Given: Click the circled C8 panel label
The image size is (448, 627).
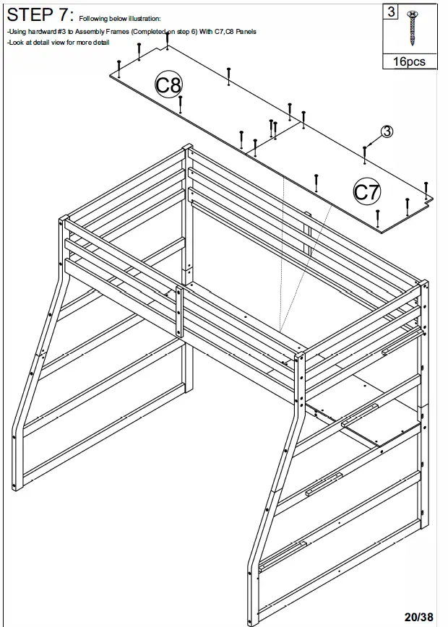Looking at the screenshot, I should pyautogui.click(x=168, y=85).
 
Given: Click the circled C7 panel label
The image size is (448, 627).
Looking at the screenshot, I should pyautogui.click(x=366, y=191).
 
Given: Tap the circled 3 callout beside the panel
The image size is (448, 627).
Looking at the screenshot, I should pyautogui.click(x=387, y=131).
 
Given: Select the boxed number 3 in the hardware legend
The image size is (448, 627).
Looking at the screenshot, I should pyautogui.click(x=391, y=12).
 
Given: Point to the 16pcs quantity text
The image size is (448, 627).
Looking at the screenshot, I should pyautogui.click(x=409, y=62).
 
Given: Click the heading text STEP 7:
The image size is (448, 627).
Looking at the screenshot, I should pyautogui.click(x=40, y=14).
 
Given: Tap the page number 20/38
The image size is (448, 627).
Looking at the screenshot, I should pyautogui.click(x=419, y=616).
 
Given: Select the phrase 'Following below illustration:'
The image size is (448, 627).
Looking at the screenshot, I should pyautogui.click(x=120, y=18).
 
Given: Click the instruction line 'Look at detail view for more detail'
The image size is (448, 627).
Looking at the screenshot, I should pyautogui.click(x=58, y=43).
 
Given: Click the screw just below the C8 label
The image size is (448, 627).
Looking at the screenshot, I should pyautogui.click(x=180, y=105).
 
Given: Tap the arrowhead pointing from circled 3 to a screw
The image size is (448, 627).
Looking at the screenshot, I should pyautogui.click(x=369, y=144).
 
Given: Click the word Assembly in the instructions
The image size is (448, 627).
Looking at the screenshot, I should pyautogui.click(x=86, y=32).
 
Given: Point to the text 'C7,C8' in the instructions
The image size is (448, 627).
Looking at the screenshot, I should pyautogui.click(x=220, y=32).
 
